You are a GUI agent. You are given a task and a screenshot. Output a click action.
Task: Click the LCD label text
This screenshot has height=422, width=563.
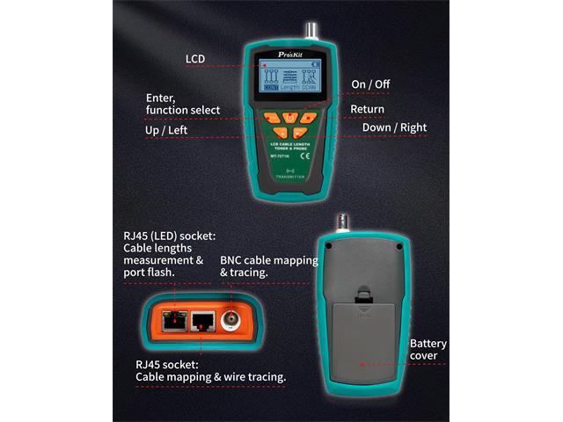tap(195, 59)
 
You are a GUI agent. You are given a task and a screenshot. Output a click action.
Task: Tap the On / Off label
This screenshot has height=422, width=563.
tap(370, 84)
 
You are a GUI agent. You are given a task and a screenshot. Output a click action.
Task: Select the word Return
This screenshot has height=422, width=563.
tap(367, 109)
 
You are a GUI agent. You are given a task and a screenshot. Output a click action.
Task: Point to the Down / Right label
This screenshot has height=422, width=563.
tap(394, 127)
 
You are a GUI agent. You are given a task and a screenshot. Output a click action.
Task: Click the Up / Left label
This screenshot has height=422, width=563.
tap(166, 131)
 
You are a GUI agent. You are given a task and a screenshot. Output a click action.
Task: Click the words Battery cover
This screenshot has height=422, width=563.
tap(428, 349)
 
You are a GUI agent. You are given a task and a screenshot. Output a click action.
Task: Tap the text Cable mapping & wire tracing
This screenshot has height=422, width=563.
tap(210, 376)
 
